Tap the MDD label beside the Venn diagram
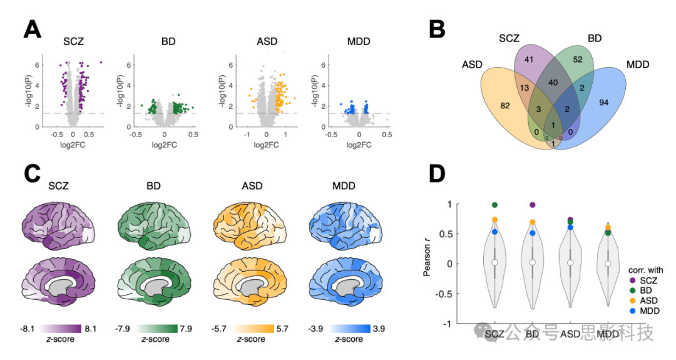(637, 64)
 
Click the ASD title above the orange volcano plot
(267, 42)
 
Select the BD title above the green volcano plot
(168, 42)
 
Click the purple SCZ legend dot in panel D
(633, 280)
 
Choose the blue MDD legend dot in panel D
(633, 311)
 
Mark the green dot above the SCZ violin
(494, 205)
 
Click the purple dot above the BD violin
(532, 205)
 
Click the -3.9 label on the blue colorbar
(316, 327)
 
